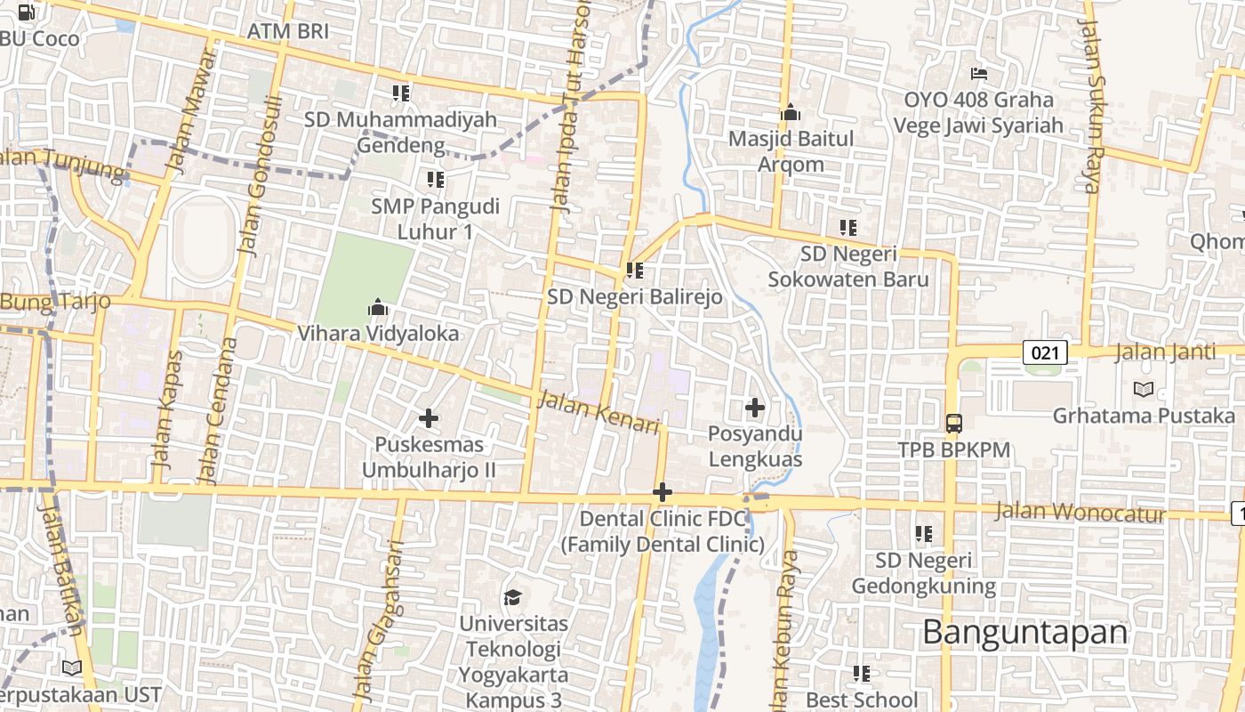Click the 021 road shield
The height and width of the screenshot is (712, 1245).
point(1045,352)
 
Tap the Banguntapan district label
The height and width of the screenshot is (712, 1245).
point(1024,633)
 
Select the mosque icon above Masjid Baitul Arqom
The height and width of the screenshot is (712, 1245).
point(791,113)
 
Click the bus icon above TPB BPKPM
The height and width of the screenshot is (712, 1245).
point(953,423)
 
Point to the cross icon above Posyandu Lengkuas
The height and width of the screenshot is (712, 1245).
point(755,408)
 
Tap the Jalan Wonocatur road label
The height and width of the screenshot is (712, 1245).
point(1080,513)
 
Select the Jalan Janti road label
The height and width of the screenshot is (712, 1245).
point(1165,352)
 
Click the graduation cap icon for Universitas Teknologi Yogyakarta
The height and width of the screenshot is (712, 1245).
point(512,597)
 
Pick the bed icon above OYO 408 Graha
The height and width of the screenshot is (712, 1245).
point(979,73)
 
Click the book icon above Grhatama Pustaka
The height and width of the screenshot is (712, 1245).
point(1144,389)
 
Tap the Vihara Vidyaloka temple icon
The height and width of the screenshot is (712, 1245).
point(378,308)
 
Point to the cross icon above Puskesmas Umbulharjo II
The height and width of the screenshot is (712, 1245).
point(429,417)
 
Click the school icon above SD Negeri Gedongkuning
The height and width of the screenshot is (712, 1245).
point(924,534)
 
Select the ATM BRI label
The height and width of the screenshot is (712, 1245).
point(288,31)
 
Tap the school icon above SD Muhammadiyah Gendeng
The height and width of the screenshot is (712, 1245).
point(401,93)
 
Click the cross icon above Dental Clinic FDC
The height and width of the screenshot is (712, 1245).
point(663,491)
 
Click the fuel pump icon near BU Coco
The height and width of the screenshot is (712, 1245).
point(28,12)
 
